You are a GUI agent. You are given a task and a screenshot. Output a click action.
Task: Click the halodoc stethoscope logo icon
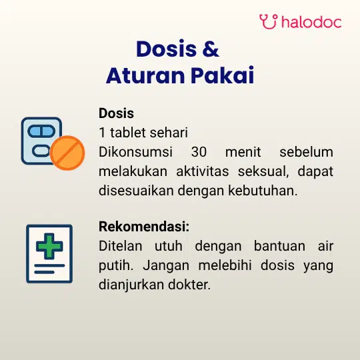tap(269, 21)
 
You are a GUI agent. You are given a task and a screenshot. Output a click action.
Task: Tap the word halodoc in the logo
tap(311, 22)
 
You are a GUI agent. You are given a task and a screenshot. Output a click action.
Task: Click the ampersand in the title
tap(211, 49)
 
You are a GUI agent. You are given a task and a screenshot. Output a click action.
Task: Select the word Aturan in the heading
tap(145, 75)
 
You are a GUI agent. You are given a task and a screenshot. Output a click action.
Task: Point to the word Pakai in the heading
tap(223, 75)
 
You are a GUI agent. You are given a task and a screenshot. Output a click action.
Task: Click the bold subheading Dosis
tap(116, 113)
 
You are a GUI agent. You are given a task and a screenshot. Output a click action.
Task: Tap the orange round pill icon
tap(67, 153)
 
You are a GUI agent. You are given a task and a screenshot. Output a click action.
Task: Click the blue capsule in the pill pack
tap(41, 131)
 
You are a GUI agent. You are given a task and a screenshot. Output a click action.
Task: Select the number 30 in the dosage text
tap(199, 152)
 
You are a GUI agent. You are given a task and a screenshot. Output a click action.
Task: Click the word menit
tap(243, 152)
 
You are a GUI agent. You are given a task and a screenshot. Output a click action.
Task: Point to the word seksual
tap(263, 171)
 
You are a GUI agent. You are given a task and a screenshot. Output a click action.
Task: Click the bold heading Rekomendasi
tap(144, 227)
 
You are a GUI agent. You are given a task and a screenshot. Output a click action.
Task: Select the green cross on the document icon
tap(49, 246)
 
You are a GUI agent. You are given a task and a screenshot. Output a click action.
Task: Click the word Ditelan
tap(121, 246)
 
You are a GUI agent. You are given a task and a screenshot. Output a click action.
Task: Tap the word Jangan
tap(166, 266)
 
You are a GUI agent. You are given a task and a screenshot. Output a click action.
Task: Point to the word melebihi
tap(225, 265)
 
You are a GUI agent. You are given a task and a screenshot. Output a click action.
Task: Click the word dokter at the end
tap(189, 285)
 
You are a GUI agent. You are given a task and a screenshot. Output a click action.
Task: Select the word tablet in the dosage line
tap(128, 133)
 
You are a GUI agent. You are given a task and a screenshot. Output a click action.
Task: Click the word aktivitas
tap(203, 171)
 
